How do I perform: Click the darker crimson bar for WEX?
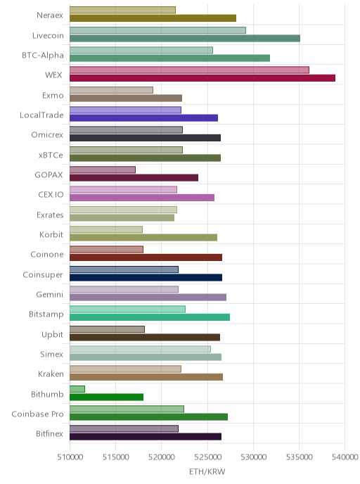click(202, 78)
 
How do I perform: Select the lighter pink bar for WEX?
click(189, 70)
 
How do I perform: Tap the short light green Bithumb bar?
click(77, 389)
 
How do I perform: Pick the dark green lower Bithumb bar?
click(106, 397)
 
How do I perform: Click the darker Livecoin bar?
click(185, 38)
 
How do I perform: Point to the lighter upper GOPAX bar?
click(103, 170)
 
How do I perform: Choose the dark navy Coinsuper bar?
click(146, 277)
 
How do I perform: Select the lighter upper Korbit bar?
click(106, 229)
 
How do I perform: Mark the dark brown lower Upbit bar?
click(145, 337)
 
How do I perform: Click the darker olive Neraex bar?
click(153, 18)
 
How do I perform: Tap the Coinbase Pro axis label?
click(38, 414)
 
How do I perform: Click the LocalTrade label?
click(41, 115)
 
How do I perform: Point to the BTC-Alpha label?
click(43, 56)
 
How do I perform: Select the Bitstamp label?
click(46, 314)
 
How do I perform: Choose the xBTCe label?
click(51, 155)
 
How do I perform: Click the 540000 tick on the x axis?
click(345, 457)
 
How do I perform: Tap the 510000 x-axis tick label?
click(70, 457)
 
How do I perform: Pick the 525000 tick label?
click(207, 457)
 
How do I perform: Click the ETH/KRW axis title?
click(207, 471)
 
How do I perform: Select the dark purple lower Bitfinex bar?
click(146, 436)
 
